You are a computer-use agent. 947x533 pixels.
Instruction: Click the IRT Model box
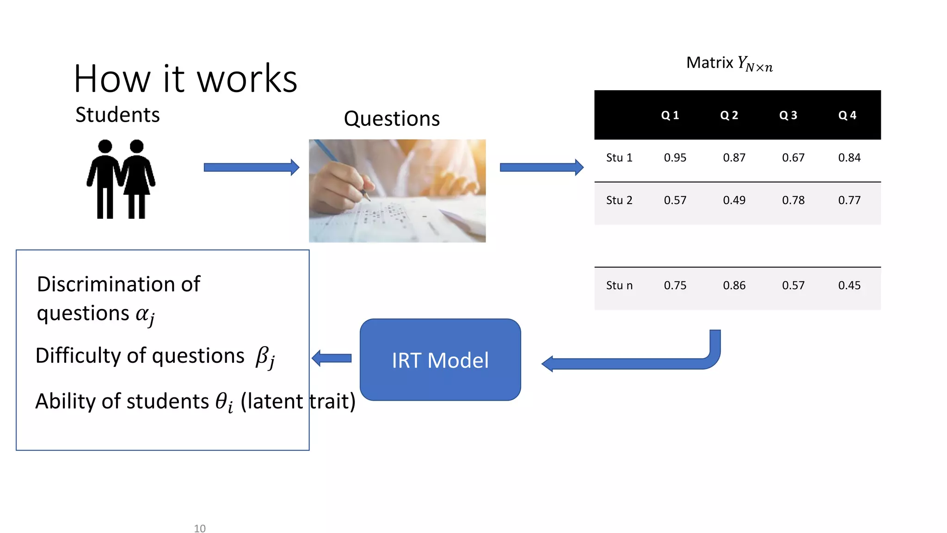click(x=440, y=359)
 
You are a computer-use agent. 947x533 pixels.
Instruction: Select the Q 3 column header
click(x=788, y=115)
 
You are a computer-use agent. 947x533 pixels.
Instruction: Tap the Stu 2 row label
click(x=619, y=200)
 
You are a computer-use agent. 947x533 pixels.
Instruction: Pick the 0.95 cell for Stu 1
click(x=675, y=158)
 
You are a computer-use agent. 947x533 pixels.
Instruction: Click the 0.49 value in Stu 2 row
click(x=734, y=200)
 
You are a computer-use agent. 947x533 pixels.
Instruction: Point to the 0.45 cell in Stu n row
click(x=849, y=285)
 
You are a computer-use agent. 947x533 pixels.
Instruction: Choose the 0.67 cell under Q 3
click(x=793, y=158)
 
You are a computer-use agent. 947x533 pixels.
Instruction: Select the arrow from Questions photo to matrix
click(x=541, y=167)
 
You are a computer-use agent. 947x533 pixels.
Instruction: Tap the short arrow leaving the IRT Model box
click(x=332, y=358)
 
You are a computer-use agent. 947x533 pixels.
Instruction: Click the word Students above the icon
click(x=117, y=115)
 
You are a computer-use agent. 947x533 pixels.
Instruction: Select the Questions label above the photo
click(x=392, y=119)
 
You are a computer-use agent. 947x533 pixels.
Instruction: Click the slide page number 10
click(x=200, y=528)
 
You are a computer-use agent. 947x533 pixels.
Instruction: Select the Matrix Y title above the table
click(x=729, y=63)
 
